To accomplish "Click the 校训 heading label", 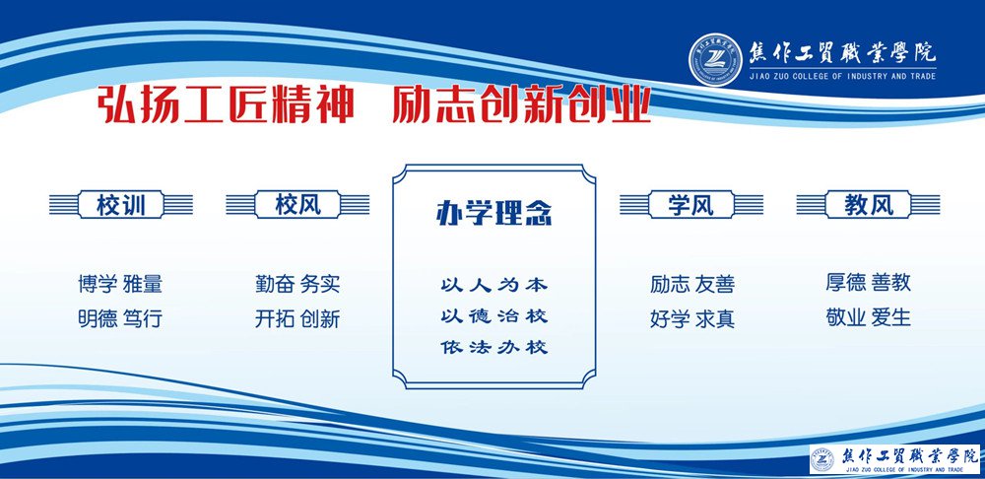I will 121,205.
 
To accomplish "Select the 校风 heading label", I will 297,205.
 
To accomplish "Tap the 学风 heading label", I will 690,205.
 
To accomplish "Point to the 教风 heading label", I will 869,205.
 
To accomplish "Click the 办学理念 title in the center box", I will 493,214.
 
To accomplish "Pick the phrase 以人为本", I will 493,285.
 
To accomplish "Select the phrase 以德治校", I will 493,316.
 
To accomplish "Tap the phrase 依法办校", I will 493,347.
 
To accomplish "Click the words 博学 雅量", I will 120,285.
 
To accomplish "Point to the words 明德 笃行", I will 120,319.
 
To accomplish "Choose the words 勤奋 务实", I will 297,285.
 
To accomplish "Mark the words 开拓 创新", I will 297,319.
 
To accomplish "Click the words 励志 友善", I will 691,285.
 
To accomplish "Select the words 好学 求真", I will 691,319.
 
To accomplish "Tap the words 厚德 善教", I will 869,283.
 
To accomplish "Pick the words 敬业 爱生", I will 869,317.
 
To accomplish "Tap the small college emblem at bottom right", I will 821,457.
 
